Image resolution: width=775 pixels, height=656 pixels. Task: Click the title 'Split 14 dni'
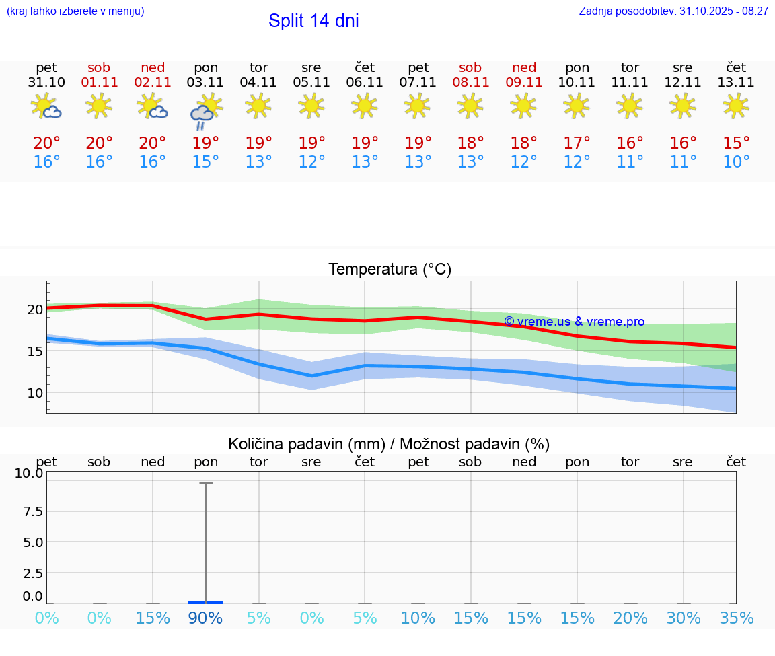(313, 21)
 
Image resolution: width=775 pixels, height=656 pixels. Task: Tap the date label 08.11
(470, 82)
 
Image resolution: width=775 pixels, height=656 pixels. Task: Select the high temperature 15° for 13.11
(736, 143)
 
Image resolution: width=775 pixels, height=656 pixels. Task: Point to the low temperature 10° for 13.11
(736, 162)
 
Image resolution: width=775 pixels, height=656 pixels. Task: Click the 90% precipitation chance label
(205, 618)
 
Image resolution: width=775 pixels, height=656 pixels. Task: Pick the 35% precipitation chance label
(736, 618)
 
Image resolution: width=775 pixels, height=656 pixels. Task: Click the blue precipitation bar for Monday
(205, 602)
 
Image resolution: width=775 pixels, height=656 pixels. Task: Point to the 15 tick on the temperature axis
(35, 351)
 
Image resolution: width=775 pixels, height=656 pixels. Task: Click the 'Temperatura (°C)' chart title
(390, 270)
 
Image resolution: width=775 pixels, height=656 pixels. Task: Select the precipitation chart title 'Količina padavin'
(389, 444)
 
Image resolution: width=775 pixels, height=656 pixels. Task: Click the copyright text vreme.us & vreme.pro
(575, 322)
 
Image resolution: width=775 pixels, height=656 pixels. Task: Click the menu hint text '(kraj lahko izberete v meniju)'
(75, 11)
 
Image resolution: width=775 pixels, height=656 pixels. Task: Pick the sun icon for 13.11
(736, 106)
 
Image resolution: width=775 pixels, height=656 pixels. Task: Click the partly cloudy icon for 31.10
(46, 106)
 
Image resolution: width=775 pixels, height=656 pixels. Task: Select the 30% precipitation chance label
(684, 618)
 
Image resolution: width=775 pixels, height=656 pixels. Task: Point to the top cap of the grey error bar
(206, 483)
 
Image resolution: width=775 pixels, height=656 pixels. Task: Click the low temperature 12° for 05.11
(311, 162)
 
